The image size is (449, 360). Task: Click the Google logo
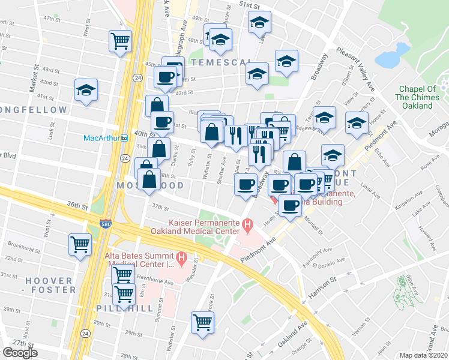point(20,353)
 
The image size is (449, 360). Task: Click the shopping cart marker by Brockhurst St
point(80,245)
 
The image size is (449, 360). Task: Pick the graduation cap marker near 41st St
point(86,91)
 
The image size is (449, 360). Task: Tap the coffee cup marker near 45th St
point(165,77)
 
